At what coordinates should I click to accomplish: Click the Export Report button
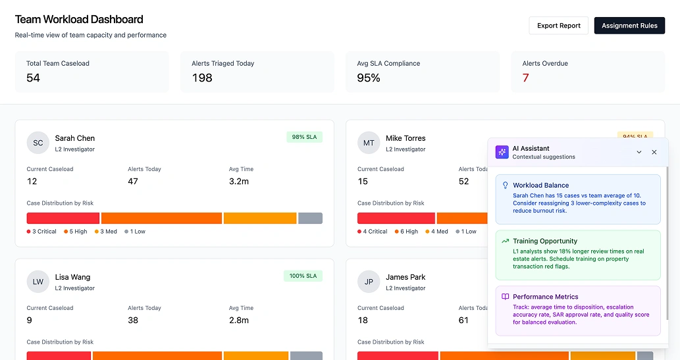558,26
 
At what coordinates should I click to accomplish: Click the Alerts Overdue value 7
526,78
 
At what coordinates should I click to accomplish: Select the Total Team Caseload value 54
34,78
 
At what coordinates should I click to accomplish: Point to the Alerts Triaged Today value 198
202,78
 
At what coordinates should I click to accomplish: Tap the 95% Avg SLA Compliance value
369,78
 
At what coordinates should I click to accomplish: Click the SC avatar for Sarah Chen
38,143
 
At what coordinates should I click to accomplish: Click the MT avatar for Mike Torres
369,143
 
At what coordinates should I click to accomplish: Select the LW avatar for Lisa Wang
38,282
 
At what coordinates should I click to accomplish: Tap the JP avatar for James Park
369,282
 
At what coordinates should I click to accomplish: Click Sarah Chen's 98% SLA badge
304,137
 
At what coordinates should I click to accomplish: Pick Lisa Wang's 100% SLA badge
303,276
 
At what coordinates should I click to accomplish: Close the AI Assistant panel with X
654,152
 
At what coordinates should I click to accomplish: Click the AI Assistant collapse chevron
639,152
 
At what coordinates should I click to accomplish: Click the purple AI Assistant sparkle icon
502,152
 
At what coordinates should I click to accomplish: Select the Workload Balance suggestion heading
540,186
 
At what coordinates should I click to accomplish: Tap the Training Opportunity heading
545,242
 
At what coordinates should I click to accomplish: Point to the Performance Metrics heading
545,297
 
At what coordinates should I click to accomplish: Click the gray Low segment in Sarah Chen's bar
310,219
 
